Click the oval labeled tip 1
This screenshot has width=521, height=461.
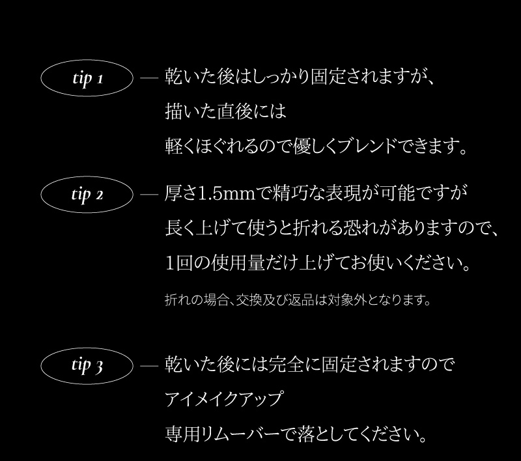click(87, 79)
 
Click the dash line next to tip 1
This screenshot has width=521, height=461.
click(149, 79)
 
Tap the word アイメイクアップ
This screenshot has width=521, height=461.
click(225, 398)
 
